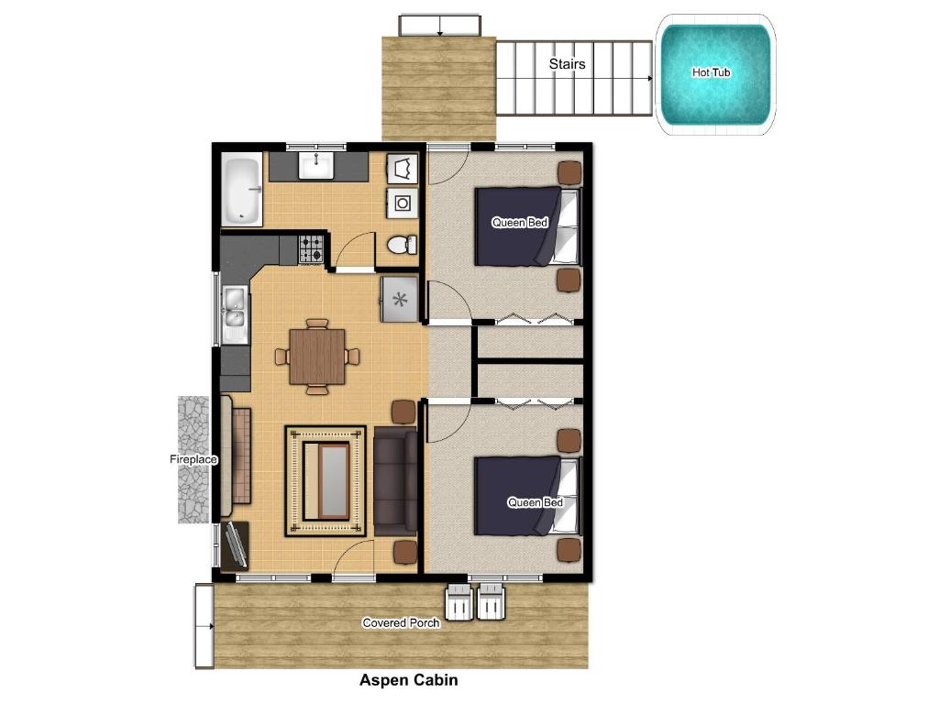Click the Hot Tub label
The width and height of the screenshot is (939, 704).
(x=712, y=72)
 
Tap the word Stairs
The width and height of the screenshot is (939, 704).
(x=567, y=64)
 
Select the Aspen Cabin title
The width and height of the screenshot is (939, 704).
(x=408, y=680)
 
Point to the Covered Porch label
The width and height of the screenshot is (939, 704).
(x=401, y=623)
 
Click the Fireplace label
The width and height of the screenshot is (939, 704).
(x=193, y=459)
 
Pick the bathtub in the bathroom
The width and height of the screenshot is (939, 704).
(x=242, y=191)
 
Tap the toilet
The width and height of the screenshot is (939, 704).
(x=400, y=245)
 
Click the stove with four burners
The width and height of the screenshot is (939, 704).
(x=312, y=248)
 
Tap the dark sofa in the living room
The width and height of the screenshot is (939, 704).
(x=395, y=481)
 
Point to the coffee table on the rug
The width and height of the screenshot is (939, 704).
(x=326, y=480)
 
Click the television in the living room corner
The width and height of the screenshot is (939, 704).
(x=235, y=545)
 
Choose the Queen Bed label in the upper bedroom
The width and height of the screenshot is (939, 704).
(x=520, y=223)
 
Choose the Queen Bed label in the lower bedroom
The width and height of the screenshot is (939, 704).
(x=536, y=502)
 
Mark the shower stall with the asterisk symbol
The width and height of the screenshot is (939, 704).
(x=400, y=299)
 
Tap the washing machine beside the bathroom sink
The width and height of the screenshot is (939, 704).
(x=403, y=203)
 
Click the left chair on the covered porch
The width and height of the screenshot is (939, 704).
(x=458, y=603)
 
